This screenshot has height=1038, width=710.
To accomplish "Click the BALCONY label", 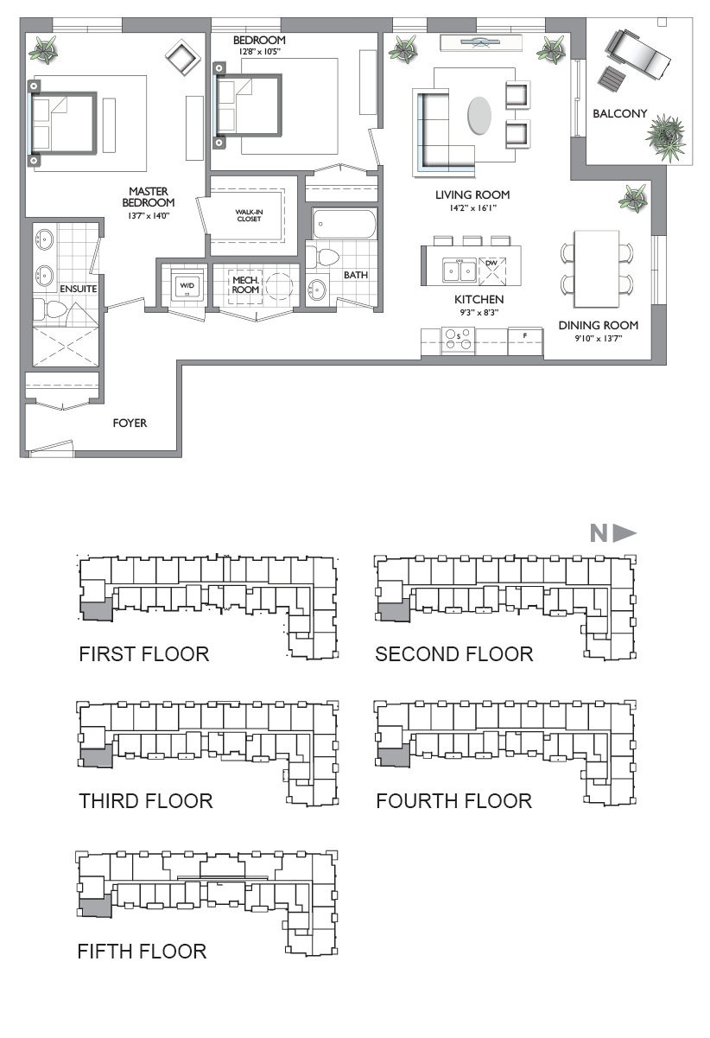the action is pyautogui.click(x=619, y=113).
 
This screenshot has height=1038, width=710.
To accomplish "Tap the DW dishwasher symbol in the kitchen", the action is pyautogui.click(x=492, y=271).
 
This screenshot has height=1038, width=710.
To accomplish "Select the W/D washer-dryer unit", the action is pyautogui.click(x=187, y=284).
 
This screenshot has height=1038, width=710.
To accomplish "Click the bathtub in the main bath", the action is pyautogui.click(x=344, y=225).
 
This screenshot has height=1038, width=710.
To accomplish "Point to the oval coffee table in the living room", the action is pyautogui.click(x=479, y=115).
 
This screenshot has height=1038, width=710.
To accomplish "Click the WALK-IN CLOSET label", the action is pyautogui.click(x=249, y=215).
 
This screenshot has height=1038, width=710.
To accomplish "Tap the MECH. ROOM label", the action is pyautogui.click(x=245, y=285).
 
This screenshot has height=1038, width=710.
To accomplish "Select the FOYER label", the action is pyautogui.click(x=130, y=423).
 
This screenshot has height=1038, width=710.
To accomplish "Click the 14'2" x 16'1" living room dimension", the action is pyautogui.click(x=472, y=208).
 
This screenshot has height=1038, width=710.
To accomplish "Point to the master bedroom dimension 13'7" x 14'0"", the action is pyautogui.click(x=148, y=215).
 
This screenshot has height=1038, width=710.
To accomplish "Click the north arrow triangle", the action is pyautogui.click(x=624, y=533).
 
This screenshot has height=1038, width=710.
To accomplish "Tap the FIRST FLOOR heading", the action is pyautogui.click(x=144, y=654).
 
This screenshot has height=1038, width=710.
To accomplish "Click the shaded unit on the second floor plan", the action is pyautogui.click(x=394, y=609).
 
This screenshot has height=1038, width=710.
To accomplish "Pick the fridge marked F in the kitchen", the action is pyautogui.click(x=525, y=341).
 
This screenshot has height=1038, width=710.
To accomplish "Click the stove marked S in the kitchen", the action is pyautogui.click(x=458, y=341).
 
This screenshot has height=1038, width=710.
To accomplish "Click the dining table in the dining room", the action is pyautogui.click(x=597, y=269).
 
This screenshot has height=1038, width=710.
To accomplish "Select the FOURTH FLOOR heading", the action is pyautogui.click(x=453, y=800).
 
